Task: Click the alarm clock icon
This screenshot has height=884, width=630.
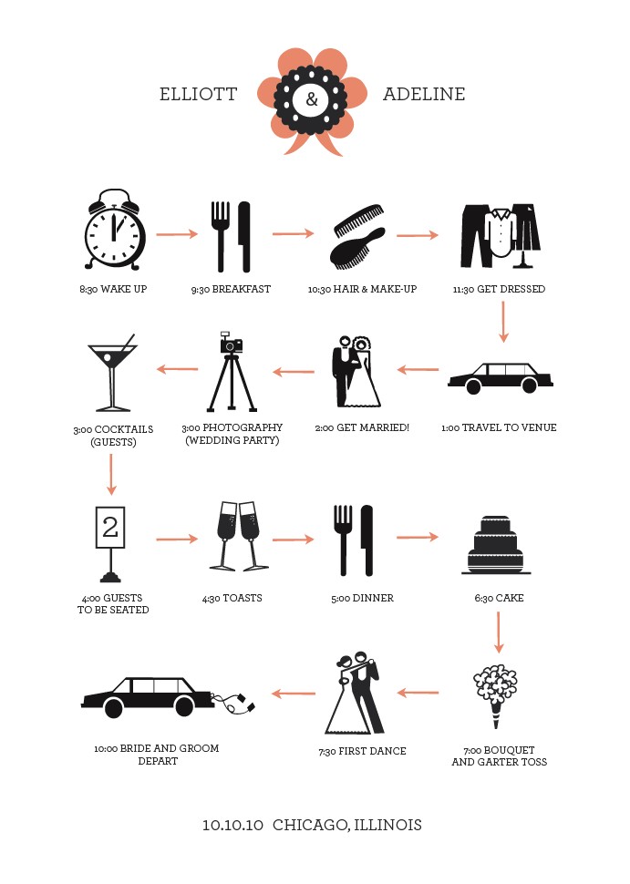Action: pyautogui.click(x=115, y=229)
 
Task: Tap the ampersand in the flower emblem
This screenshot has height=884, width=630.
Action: pyautogui.click(x=311, y=99)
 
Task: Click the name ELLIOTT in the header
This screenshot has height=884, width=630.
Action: pyautogui.click(x=199, y=94)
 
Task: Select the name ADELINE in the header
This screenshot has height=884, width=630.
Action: pyautogui.click(x=424, y=94)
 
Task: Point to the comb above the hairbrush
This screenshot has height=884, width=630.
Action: pyautogui.click(x=358, y=221)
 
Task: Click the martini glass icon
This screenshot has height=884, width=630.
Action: pyautogui.click(x=112, y=373)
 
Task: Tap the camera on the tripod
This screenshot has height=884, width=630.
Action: pyautogui.click(x=231, y=343)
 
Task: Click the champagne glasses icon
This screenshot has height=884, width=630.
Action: pyautogui.click(x=239, y=536)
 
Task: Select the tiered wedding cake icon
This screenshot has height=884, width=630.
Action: pyautogui.click(x=496, y=545)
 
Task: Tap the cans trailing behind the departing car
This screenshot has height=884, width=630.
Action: pyautogui.click(x=233, y=703)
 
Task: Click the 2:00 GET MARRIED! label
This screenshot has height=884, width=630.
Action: pyautogui.click(x=362, y=428)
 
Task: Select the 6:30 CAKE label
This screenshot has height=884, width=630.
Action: pyautogui.click(x=499, y=598)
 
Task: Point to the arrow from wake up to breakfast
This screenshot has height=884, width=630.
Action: pyautogui.click(x=177, y=233)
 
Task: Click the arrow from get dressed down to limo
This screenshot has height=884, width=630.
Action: pyautogui.click(x=503, y=322)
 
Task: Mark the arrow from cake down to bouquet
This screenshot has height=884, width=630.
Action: pyautogui.click(x=498, y=632)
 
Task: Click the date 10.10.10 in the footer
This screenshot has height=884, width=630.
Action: pyautogui.click(x=232, y=826)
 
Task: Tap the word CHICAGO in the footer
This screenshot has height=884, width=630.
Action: pyautogui.click(x=311, y=826)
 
